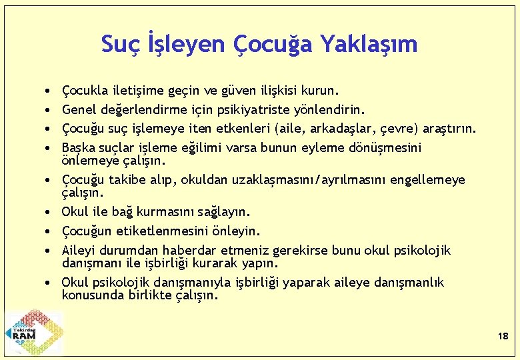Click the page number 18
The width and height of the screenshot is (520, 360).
[503, 337]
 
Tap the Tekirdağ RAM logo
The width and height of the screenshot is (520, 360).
[33, 331]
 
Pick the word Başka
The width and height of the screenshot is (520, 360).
[78, 147]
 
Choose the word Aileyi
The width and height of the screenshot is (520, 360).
[79, 250]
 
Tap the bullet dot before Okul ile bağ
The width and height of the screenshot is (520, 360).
[50, 212]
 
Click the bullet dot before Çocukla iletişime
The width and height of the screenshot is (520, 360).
[50, 89]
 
